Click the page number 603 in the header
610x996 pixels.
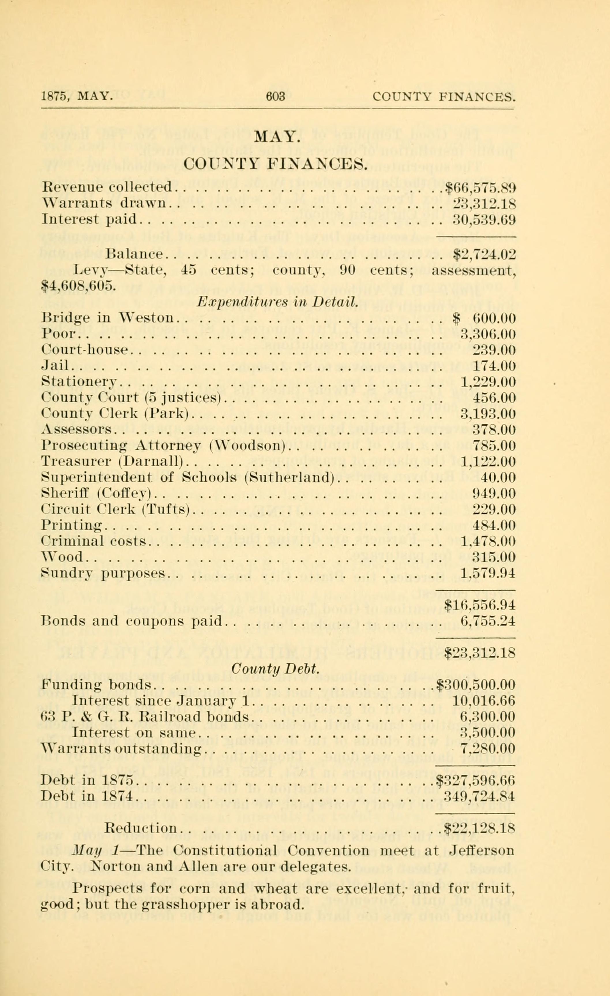[x=275, y=97]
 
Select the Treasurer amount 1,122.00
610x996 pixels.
[x=488, y=462]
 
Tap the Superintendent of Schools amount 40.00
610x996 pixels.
[x=498, y=478]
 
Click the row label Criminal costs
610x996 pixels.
[x=93, y=541]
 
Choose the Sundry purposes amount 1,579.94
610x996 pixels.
[x=488, y=573]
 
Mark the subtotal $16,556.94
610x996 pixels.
[x=480, y=605]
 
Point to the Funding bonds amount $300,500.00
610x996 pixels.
[x=476, y=685]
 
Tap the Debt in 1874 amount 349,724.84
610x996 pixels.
[x=480, y=797]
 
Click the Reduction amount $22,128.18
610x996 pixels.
[x=480, y=828]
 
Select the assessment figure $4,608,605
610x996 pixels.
[x=79, y=286]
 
